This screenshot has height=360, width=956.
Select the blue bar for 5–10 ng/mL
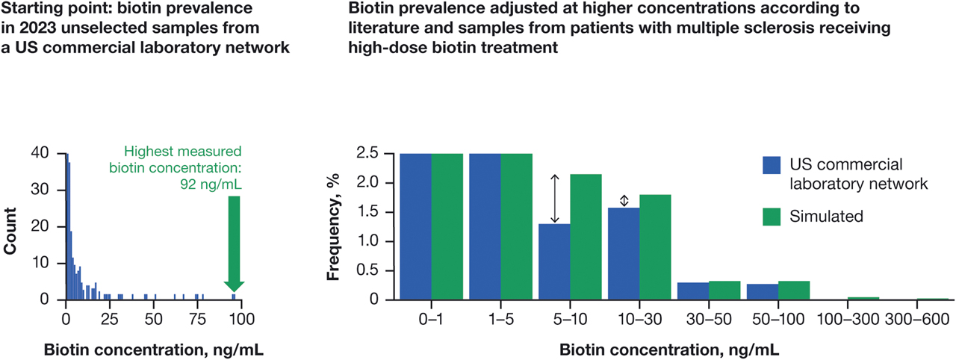[x=554, y=261]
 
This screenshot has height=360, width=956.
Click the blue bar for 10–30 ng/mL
[x=624, y=253]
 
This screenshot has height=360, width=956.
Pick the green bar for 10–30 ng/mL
[x=655, y=246]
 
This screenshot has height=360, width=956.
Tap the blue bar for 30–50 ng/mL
[x=693, y=291]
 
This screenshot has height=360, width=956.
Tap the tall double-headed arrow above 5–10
[x=554, y=199]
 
